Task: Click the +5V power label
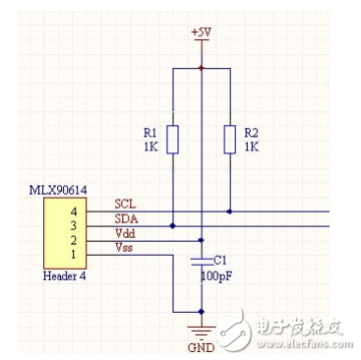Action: click(201, 32)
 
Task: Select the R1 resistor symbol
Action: click(172, 139)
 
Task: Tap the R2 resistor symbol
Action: click(229, 139)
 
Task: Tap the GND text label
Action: click(201, 347)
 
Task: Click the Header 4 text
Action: click(65, 276)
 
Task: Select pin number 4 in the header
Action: click(73, 210)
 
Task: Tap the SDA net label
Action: click(125, 218)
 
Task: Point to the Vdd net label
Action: click(125, 233)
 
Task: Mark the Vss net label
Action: click(125, 248)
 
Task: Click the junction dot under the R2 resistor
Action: click(229, 211)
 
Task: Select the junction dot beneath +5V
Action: click(201, 68)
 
